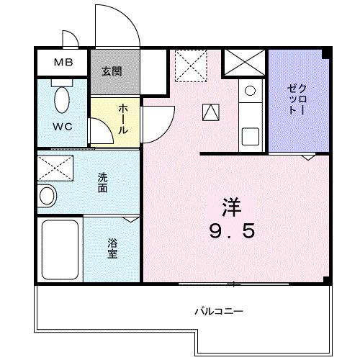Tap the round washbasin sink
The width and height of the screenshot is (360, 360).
[47, 195]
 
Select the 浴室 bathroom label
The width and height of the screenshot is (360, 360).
[113, 248]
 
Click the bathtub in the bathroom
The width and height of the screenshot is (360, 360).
[60, 248]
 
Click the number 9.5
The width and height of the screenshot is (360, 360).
[230, 232]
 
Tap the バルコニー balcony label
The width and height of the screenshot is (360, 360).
[219, 312]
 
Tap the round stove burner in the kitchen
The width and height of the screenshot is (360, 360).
[249, 91]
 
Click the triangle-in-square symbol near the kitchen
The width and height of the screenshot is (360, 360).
[211, 112]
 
